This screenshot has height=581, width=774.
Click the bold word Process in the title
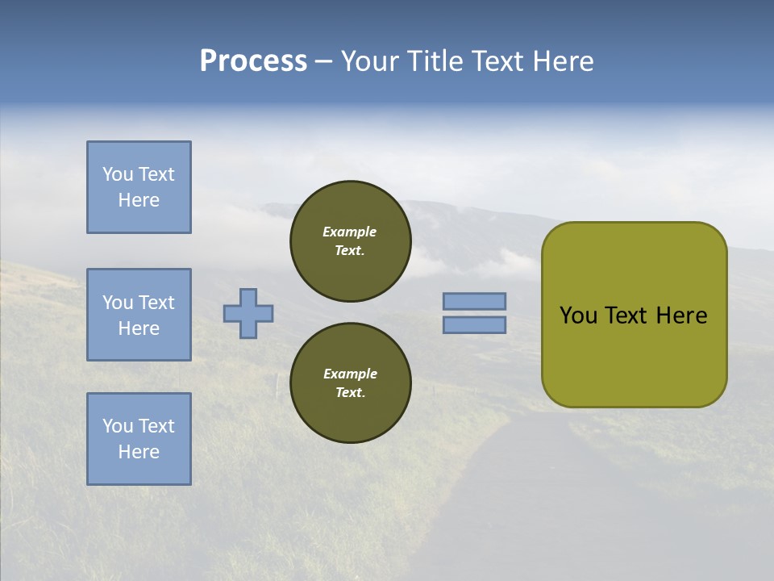coord(253,61)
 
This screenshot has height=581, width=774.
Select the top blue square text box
coord(139,187)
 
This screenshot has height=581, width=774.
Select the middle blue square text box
coord(139,315)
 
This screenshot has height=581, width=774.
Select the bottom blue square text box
coord(139,439)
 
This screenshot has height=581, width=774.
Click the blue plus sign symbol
coord(248,313)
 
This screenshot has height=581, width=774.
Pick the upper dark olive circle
coord(350,240)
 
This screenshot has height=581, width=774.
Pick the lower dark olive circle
coord(350,382)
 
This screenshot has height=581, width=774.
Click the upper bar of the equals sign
coord(474,301)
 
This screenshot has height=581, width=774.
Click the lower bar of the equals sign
coord(474,324)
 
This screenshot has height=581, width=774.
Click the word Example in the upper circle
coord(350,232)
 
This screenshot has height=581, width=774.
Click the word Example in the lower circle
coord(350,374)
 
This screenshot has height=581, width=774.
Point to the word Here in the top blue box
coord(139,200)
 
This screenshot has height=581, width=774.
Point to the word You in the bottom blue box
coord(117,426)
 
